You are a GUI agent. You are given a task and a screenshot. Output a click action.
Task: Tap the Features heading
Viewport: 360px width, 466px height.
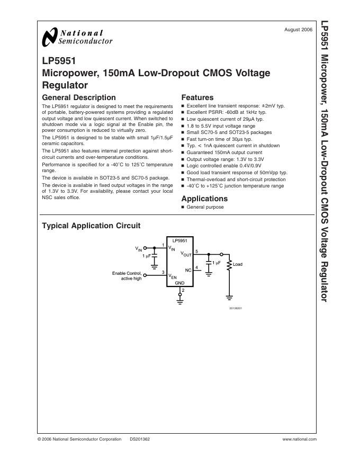point(197,97)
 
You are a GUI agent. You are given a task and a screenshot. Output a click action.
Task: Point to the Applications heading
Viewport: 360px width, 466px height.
point(204,199)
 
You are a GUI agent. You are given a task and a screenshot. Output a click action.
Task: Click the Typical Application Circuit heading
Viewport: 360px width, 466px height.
point(91,226)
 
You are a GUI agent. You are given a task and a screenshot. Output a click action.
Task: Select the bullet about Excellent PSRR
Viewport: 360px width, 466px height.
point(227,112)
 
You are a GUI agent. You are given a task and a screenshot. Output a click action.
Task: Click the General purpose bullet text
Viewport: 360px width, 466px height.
point(205,207)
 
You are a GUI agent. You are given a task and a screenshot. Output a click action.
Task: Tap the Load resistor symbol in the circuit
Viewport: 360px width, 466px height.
point(229,264)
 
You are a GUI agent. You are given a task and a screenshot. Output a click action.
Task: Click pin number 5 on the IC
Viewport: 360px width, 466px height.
point(197,251)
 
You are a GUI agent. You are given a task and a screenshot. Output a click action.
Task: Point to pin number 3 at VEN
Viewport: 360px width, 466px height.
point(163,272)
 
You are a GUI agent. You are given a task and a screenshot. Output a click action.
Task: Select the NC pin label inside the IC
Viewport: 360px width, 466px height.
point(187,270)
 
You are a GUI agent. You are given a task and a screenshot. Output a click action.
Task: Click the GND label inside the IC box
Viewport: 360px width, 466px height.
point(180,283)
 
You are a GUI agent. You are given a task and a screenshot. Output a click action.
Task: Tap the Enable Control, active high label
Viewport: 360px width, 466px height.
point(127,275)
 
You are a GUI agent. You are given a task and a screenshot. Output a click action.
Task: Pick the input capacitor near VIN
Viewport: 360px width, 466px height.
point(155,256)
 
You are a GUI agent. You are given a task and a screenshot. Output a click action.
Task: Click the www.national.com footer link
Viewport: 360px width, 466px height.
point(300,440)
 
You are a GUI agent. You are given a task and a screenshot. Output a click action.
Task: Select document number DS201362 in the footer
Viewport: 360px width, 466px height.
point(140,440)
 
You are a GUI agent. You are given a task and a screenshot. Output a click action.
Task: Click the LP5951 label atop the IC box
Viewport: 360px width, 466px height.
point(180,240)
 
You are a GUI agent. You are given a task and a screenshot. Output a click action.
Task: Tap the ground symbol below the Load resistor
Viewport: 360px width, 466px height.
point(229,298)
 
